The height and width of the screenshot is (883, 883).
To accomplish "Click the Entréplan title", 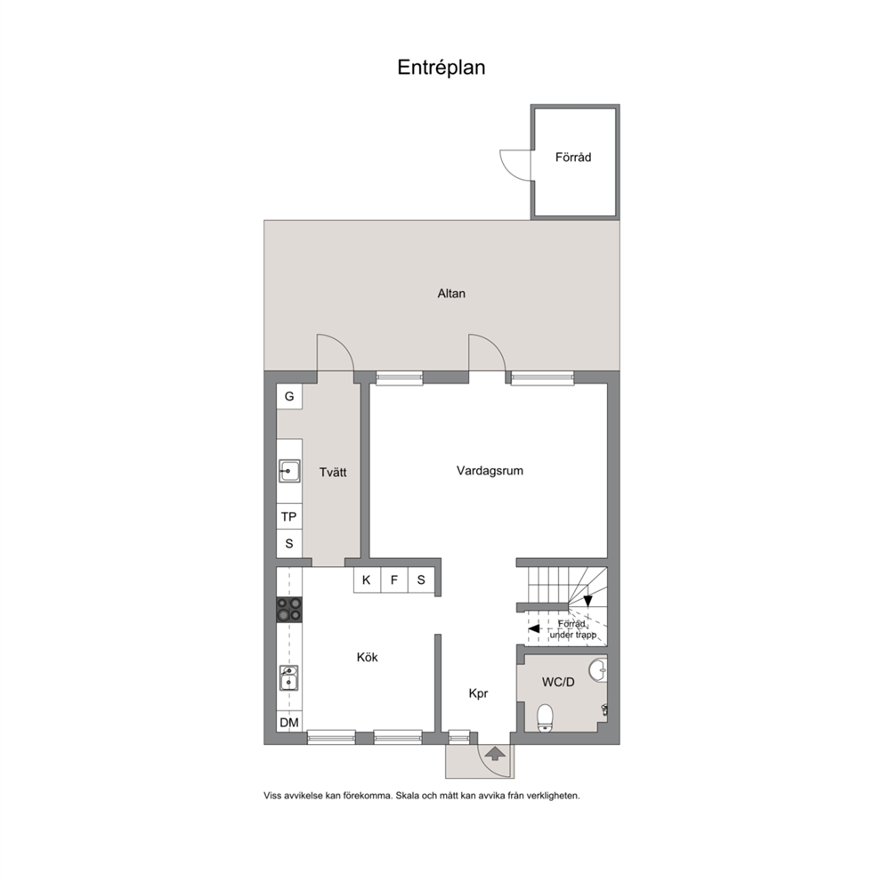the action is click(x=441, y=68).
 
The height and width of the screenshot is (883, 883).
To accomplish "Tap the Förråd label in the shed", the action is click(x=573, y=158).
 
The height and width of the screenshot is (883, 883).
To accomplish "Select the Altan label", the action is click(x=451, y=294).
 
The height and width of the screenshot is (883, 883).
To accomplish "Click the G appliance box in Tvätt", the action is click(x=289, y=396).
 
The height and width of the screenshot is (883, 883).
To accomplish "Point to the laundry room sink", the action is click(x=289, y=471).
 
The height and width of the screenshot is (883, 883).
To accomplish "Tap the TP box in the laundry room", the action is click(x=289, y=516).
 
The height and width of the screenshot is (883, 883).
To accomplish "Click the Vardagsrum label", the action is click(x=490, y=471).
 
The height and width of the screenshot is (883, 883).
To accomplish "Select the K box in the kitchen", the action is click(x=367, y=580).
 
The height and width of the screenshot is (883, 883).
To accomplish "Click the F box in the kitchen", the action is click(x=394, y=580).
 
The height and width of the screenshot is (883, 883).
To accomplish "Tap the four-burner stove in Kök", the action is click(x=289, y=610).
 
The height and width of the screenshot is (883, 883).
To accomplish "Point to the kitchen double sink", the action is click(x=289, y=678).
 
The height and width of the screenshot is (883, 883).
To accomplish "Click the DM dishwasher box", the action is click(x=289, y=722).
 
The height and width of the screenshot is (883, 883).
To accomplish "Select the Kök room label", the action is click(x=367, y=657).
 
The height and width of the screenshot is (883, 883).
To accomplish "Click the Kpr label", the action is click(x=478, y=693).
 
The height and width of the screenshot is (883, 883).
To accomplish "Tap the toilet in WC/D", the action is click(x=545, y=718).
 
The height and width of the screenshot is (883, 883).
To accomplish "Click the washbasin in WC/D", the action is click(x=599, y=669).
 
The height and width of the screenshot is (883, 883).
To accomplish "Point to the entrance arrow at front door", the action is click(x=494, y=753).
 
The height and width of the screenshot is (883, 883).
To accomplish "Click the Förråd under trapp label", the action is click(x=572, y=629).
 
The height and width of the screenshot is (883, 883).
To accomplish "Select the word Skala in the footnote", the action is click(x=409, y=796).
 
